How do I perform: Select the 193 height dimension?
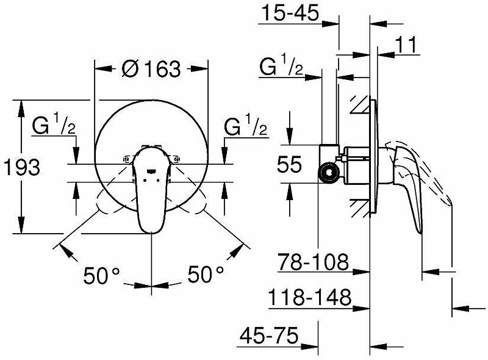coord(22,167)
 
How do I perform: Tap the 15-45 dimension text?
coord(289,13)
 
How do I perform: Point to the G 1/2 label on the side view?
coord(281,67)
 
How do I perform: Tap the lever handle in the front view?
coord(149,195)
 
